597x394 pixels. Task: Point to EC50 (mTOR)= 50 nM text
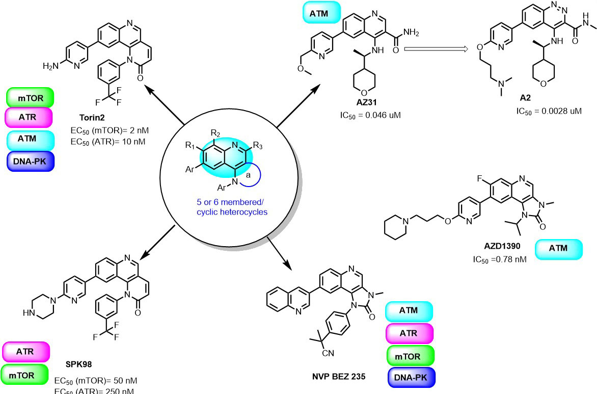click(95, 381)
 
